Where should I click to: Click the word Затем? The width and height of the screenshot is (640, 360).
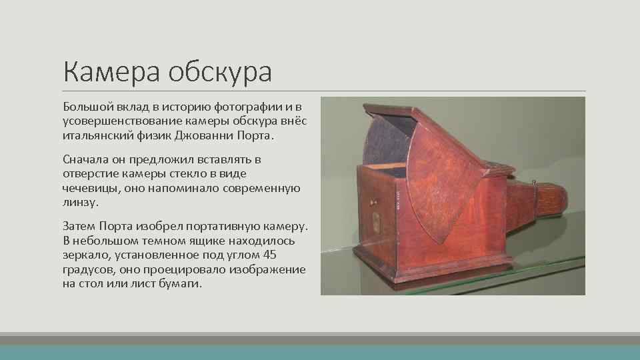point(79,227)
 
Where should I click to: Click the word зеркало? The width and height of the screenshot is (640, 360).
point(85,255)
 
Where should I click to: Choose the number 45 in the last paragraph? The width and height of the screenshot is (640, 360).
point(269,255)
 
